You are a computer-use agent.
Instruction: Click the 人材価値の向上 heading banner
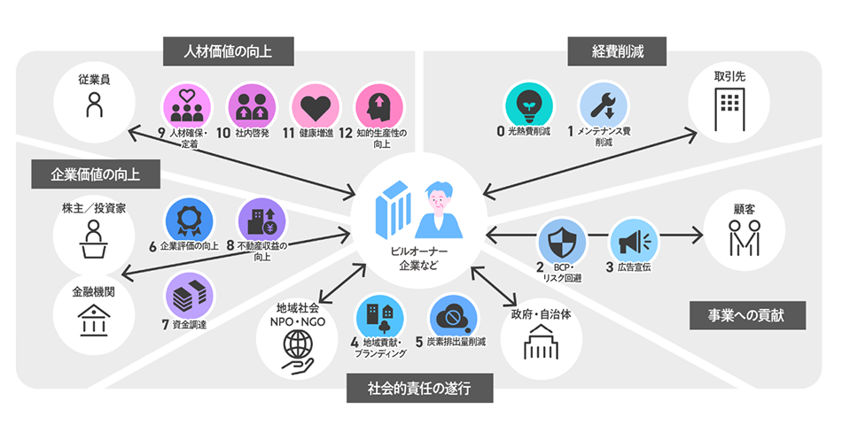coord(229,50)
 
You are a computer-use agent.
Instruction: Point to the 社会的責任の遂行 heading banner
coord(419,387)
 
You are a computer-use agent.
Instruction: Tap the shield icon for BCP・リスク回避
coord(562,241)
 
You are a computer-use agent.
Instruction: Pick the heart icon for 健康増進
coord(315,108)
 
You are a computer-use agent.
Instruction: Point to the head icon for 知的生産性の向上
coord(378,108)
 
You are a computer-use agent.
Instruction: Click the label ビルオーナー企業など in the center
coord(419,258)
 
